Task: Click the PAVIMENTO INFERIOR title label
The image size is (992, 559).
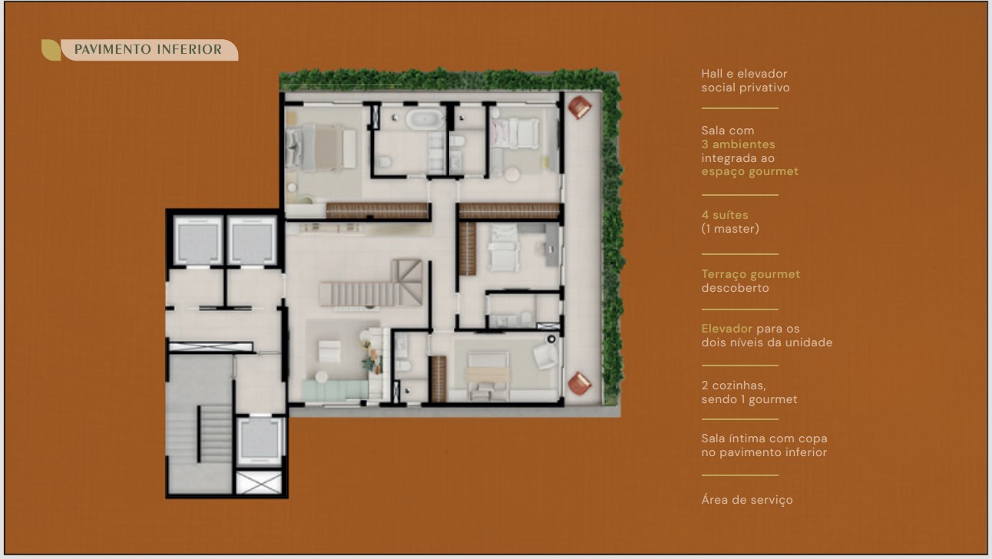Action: pyautogui.click(x=148, y=49)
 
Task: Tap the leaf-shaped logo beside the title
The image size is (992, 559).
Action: pyautogui.click(x=51, y=50)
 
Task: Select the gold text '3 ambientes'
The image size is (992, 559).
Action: pyautogui.click(x=739, y=144)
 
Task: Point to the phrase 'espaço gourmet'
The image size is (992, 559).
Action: pyautogui.click(x=749, y=172)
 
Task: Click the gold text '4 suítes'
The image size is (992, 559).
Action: pyautogui.click(x=725, y=215)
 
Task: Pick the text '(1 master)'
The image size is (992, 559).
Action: pyautogui.click(x=730, y=229)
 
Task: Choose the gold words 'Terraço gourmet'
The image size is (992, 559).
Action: pyautogui.click(x=751, y=274)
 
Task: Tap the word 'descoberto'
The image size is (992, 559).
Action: pyautogui.click(x=735, y=288)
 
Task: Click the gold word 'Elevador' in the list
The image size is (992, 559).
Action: pyautogui.click(x=727, y=329)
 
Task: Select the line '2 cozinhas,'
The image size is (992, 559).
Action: pyautogui.click(x=733, y=385)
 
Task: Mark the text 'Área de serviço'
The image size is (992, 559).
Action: pyautogui.click(x=747, y=500)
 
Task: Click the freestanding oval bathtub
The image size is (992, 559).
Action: pyautogui.click(x=425, y=119)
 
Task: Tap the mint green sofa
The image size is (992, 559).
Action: pyautogui.click(x=336, y=390)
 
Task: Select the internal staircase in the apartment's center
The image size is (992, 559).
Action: pyautogui.click(x=371, y=283)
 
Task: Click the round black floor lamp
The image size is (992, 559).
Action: pyautogui.click(x=551, y=339)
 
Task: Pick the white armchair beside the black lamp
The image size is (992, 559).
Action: pyautogui.click(x=545, y=356)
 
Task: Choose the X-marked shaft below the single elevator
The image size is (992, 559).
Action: pyautogui.click(x=259, y=482)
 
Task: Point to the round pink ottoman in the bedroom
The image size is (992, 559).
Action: pyautogui.click(x=511, y=174)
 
